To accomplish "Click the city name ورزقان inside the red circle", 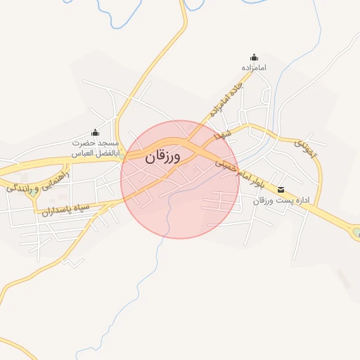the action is [x=163, y=157].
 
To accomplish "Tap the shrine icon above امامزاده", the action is [x=253, y=58].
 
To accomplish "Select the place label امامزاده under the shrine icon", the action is [x=253, y=68].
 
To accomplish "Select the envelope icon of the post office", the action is [x=281, y=190].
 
